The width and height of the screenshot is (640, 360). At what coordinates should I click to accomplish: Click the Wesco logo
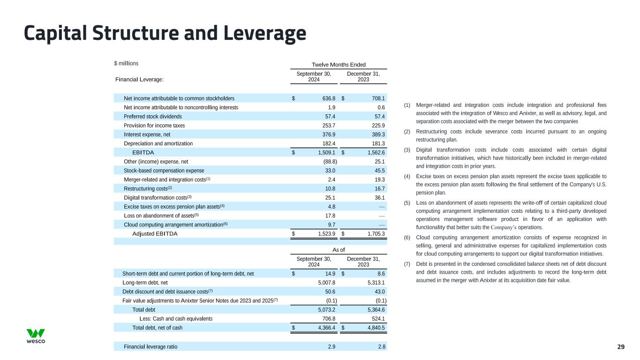pos(36,336)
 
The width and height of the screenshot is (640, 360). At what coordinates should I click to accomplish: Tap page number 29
pos(621,347)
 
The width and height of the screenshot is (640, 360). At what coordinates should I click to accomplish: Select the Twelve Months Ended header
pos(339,65)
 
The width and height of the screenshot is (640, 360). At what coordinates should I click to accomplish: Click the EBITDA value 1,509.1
pos(324,152)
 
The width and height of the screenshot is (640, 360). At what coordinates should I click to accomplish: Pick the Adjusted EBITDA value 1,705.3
pos(374,234)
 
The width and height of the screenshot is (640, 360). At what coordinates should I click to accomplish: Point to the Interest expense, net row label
pos(147,135)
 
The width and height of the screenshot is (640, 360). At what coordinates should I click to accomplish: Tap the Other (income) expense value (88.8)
pos(327,162)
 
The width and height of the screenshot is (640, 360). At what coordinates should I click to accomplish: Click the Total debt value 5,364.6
pos(374,309)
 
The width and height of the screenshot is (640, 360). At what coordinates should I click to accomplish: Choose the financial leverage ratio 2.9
pos(331,347)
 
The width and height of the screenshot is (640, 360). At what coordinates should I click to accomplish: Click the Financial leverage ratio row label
pos(151,347)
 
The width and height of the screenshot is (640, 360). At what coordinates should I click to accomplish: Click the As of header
pos(339,250)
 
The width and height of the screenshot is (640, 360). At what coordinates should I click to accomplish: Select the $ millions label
pos(126,63)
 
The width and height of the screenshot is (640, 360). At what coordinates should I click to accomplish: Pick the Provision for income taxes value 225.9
pos(377,126)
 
